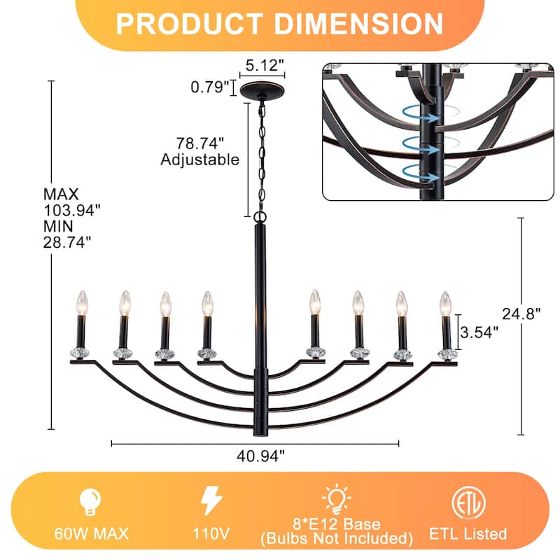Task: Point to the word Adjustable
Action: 200,160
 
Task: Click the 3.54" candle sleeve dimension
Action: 482,332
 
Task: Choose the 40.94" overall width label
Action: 261,456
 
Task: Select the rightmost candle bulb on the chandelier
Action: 444,303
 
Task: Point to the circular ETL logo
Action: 468,501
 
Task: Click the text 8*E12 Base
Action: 337,524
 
